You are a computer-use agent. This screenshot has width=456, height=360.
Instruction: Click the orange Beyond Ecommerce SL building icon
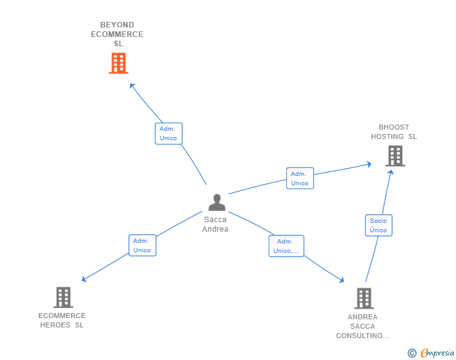pos(118,63)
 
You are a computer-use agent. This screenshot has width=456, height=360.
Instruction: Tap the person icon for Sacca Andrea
pos(217,202)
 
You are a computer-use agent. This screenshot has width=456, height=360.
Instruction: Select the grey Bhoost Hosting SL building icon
pos(395,156)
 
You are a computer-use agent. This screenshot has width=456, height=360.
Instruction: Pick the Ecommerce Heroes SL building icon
pos(63,297)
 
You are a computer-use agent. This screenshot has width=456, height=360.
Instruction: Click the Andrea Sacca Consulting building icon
pos(363,299)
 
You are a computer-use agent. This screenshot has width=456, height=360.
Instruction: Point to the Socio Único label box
pos(378,225)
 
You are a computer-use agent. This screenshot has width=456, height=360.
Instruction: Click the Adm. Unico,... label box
pos(286,246)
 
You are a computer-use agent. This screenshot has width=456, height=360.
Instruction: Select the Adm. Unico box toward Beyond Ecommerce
pos(168,133)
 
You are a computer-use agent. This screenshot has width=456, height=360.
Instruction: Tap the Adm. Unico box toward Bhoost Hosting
pos(299,178)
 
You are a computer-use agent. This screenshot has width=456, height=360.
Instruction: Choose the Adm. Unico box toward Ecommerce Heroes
pos(142,245)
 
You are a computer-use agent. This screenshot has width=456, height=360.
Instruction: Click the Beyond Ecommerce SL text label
pos(117,34)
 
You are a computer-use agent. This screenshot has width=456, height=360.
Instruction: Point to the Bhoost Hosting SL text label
pos(393,132)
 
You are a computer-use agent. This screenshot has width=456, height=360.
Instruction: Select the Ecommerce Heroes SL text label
pos(62,320)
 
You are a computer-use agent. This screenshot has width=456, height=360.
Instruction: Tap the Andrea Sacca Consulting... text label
pos(363,326)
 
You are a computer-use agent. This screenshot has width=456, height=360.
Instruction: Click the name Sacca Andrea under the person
pos(215,224)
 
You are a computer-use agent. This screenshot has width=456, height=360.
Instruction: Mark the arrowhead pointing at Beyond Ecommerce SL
pos(132,86)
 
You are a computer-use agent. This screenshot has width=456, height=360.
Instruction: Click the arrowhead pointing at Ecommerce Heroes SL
pos(84,279)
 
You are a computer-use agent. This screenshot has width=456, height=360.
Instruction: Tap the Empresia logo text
pos(437,353)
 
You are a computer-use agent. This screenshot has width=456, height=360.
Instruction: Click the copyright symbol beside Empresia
pos(412,354)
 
